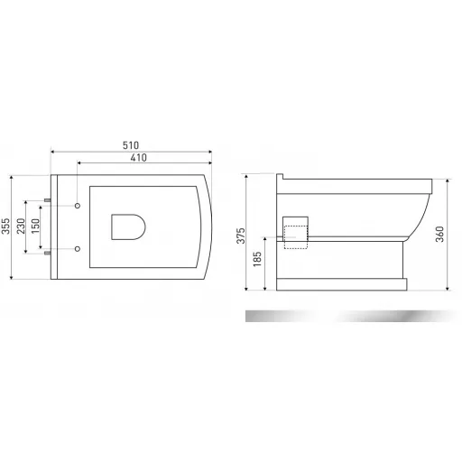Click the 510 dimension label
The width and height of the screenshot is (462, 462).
(x=131, y=145)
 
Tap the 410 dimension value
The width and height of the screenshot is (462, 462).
(x=139, y=158)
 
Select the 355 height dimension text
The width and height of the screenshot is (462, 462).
(x=6, y=226)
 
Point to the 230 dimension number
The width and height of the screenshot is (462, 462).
(x=21, y=226)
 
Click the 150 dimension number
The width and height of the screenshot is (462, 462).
(x=35, y=226)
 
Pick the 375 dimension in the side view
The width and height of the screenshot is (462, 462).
(x=241, y=236)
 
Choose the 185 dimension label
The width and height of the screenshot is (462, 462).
(x=257, y=259)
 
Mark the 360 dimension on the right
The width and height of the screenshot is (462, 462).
(x=439, y=234)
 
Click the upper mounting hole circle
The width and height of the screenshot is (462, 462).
(x=78, y=206)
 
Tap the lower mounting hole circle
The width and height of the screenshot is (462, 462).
(x=78, y=249)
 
